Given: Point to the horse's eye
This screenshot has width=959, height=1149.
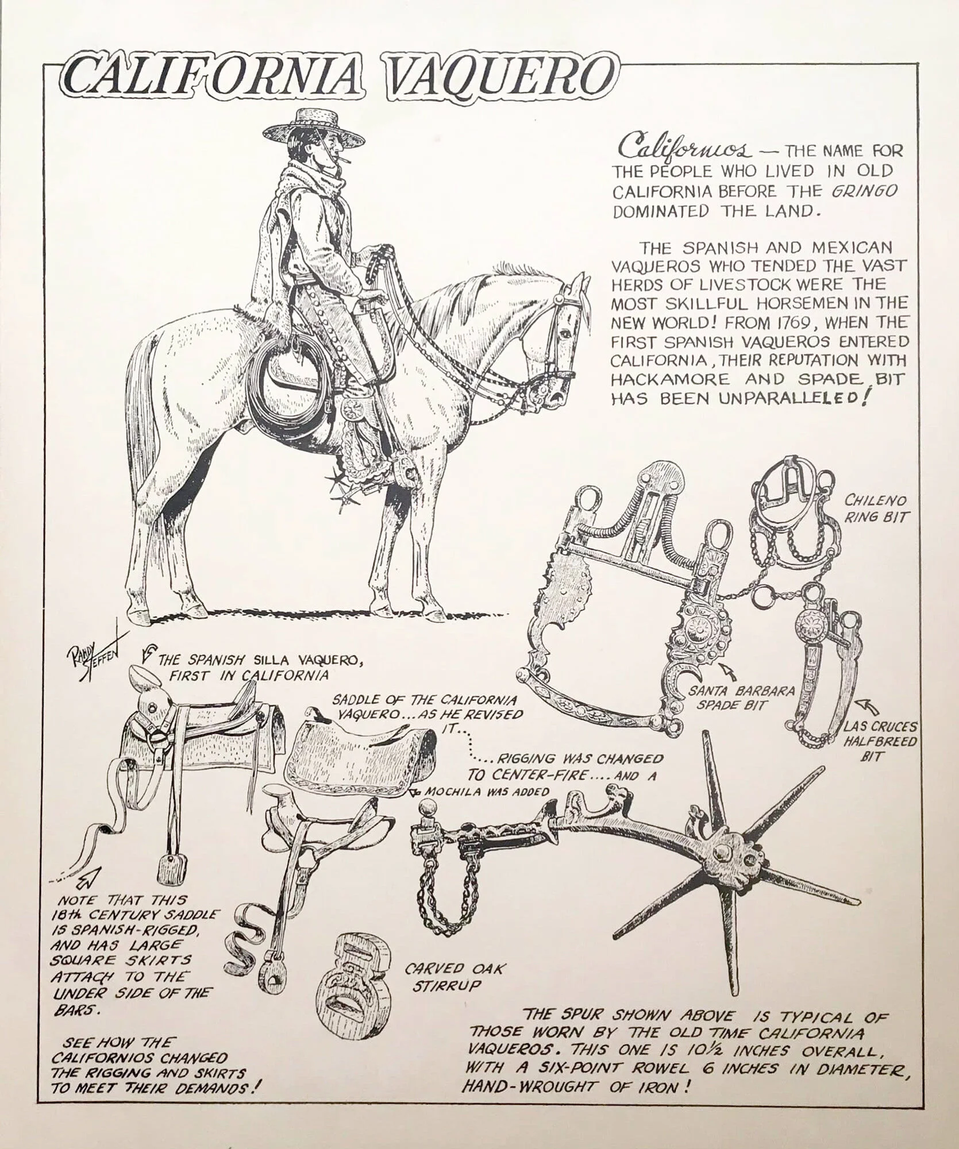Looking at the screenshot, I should click(567, 332).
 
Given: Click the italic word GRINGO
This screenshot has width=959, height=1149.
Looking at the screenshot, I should click(858, 191).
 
